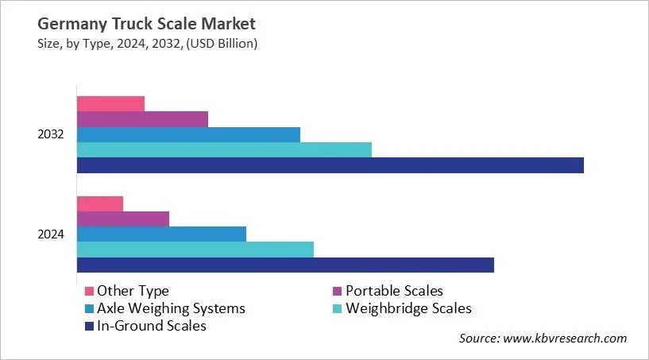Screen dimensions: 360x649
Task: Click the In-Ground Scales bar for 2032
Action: point(330,165)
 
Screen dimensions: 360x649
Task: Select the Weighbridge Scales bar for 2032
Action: point(224,150)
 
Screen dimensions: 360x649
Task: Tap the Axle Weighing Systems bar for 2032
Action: point(188,134)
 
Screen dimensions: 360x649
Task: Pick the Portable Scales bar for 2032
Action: point(142,119)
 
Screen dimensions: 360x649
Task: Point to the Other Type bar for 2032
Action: point(110,104)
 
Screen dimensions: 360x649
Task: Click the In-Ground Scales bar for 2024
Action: point(285,265)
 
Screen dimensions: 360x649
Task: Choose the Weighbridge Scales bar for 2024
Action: point(195,250)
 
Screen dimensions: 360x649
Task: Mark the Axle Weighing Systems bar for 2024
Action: point(161,234)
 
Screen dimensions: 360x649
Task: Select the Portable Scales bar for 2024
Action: point(123,219)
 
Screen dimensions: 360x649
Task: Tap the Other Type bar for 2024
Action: point(100,203)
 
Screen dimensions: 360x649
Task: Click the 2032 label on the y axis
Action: point(52,134)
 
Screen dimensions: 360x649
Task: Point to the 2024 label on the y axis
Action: point(52,234)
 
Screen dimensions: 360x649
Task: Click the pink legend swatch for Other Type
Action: point(89,291)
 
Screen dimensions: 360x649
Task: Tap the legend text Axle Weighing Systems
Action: point(171,308)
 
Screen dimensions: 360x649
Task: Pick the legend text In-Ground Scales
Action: point(152,326)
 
